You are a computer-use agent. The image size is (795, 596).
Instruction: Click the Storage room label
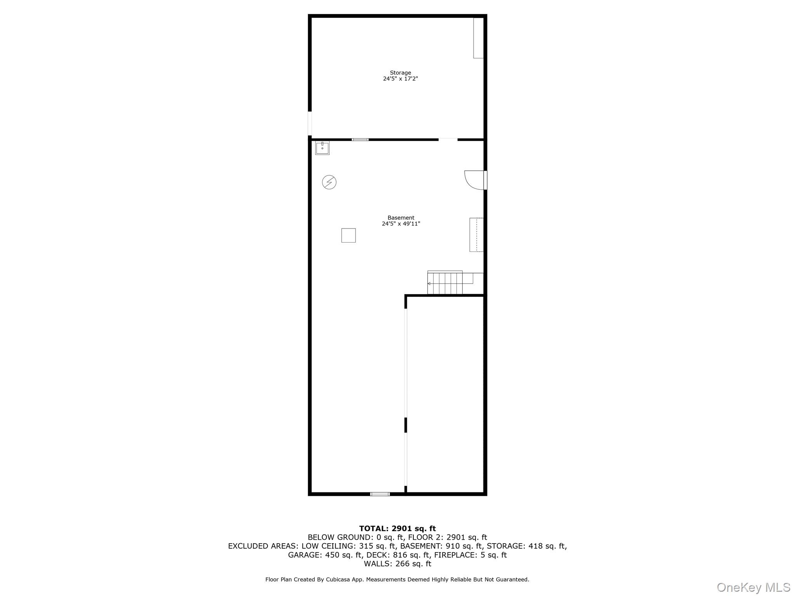point(400,73)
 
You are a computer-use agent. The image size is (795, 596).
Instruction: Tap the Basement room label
point(401,218)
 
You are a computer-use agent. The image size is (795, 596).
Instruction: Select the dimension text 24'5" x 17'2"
point(400,79)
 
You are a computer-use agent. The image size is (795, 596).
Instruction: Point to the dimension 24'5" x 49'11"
point(401,224)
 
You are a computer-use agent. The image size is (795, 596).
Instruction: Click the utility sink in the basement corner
point(322,148)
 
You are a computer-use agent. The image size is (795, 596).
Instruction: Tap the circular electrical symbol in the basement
point(329,182)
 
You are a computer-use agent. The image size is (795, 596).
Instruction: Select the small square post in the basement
point(348,235)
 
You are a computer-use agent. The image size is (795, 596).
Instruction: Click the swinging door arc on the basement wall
point(474,180)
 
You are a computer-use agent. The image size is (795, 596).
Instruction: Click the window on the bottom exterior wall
point(380,494)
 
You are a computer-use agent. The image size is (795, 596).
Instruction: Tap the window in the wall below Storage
point(360,139)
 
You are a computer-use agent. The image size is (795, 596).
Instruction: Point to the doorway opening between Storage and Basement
point(448,139)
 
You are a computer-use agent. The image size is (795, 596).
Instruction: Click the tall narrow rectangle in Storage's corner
point(478,38)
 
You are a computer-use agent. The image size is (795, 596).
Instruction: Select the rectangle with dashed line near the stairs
point(476,235)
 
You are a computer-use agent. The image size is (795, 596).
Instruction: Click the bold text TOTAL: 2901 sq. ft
point(397,528)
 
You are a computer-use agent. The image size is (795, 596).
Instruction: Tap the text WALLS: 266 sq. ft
point(397,564)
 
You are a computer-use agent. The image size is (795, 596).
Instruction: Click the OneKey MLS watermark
point(753,587)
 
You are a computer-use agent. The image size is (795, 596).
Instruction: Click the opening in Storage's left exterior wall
point(310,123)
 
